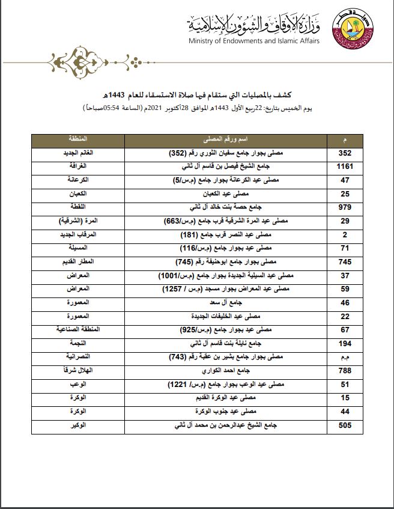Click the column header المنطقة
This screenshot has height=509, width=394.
coord(79,139)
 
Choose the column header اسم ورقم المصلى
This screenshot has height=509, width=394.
coord(225,139)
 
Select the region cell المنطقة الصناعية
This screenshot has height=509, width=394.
coord(79,330)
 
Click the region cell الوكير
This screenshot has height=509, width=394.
coord(79,426)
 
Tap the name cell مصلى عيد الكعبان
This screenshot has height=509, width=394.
coord(225,194)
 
